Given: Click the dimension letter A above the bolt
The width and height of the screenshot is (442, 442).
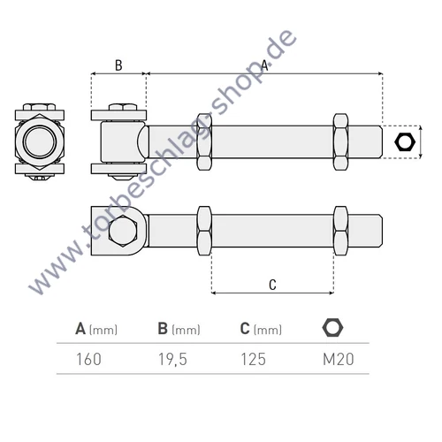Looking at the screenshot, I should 264,65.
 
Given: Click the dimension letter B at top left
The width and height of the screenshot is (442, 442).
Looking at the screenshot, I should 118,65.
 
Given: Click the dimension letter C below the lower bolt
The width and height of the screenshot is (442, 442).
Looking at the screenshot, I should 272,284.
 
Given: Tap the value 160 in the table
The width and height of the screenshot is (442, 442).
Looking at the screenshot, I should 88,359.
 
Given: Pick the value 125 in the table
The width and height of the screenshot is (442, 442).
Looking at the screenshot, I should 253,359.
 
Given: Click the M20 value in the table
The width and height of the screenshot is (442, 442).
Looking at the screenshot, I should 333,359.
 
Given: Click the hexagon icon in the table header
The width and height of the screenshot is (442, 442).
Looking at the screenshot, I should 332,328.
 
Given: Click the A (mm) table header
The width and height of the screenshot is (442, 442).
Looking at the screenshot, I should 96,329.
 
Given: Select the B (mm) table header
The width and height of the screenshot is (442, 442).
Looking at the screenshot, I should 179,329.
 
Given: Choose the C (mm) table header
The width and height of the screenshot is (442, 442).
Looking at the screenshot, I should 261,329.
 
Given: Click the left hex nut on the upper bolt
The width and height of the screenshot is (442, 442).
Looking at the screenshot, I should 204,141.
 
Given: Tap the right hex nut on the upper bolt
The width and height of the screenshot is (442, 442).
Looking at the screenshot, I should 340,141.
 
